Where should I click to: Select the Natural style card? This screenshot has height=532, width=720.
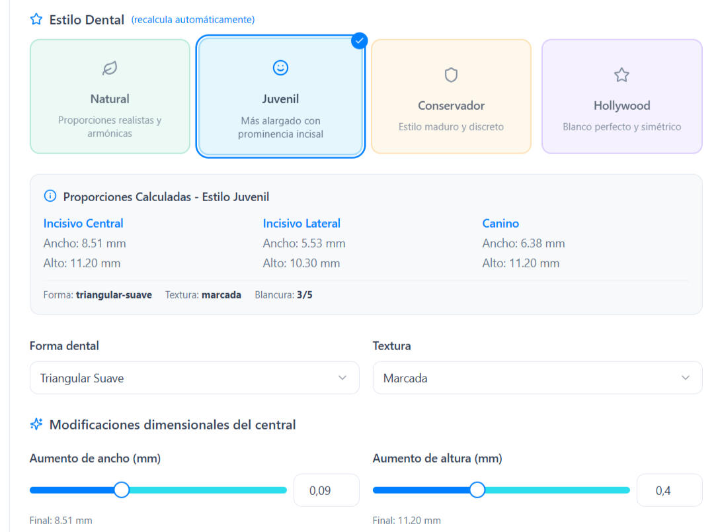click(x=110, y=97)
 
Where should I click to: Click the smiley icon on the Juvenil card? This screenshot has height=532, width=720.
click(x=280, y=67)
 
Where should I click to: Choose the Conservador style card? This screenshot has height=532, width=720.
click(x=451, y=97)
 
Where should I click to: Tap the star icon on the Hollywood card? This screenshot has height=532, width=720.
click(x=621, y=75)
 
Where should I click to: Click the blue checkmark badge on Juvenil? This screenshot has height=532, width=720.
click(x=359, y=41)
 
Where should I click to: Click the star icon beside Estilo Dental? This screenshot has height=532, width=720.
click(x=36, y=19)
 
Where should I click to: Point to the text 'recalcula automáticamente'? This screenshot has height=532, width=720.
click(x=193, y=20)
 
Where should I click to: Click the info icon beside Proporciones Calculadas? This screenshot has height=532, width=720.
click(x=50, y=197)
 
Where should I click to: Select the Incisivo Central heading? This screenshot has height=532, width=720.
click(x=83, y=223)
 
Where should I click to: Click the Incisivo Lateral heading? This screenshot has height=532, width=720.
click(x=301, y=223)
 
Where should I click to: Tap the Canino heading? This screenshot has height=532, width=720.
click(x=500, y=223)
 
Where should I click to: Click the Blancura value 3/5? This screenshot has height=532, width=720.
click(x=305, y=294)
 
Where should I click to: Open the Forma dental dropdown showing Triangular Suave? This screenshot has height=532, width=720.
click(x=194, y=378)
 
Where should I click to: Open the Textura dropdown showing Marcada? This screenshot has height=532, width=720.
click(x=537, y=378)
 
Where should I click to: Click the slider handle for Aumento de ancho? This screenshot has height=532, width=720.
click(x=121, y=490)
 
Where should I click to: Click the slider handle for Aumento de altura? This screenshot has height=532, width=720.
click(x=477, y=490)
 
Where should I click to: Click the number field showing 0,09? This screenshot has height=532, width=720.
click(x=326, y=490)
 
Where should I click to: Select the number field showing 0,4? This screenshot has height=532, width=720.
click(x=668, y=490)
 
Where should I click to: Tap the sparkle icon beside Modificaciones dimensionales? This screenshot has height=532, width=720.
click(x=36, y=424)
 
